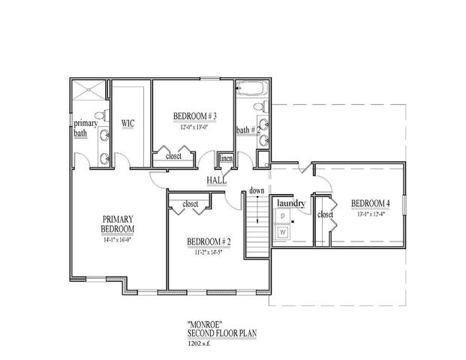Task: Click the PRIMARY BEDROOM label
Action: (x=119, y=223)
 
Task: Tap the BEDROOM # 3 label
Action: (x=194, y=116)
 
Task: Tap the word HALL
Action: (x=217, y=181)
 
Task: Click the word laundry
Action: (x=290, y=203)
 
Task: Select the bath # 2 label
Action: (x=248, y=130)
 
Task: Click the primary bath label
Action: (x=80, y=129)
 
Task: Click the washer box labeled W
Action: (x=284, y=232)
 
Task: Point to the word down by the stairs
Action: (x=257, y=190)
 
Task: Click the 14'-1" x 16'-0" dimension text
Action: (x=119, y=240)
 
